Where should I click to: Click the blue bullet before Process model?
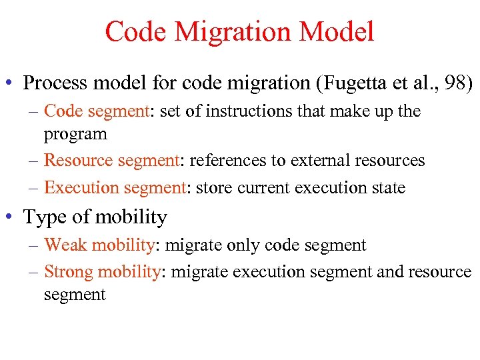click(11, 83)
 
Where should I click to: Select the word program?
click(75, 134)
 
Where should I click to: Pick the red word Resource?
click(75, 161)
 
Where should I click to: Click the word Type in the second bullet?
click(41, 217)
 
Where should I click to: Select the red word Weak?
click(65, 245)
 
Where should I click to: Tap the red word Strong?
click(69, 272)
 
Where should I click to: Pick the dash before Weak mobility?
click(33, 245)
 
